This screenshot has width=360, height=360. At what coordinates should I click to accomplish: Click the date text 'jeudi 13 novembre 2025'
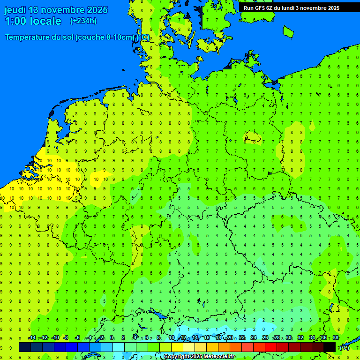pyautogui.click(x=56, y=10)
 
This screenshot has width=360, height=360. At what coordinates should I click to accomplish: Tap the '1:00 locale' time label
pyautogui.click(x=33, y=21)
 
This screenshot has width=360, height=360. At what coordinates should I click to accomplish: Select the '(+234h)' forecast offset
pyautogui.click(x=83, y=21)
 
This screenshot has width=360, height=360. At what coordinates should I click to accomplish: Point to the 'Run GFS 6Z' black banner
pyautogui.click(x=291, y=7)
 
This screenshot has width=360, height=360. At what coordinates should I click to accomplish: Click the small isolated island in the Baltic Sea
pyautogui.click(x=288, y=31)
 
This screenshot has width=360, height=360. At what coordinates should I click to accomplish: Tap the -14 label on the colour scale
pyautogui.click(x=32, y=338)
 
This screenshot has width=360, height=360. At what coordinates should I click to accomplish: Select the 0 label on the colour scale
pyautogui.click(x=112, y=338)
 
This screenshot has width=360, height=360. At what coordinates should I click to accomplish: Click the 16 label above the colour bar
pyautogui.click(x=206, y=338)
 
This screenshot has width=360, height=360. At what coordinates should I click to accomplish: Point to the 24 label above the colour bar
pyautogui.click(x=254, y=338)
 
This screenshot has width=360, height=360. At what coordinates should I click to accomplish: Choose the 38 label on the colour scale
pyautogui.click(x=336, y=338)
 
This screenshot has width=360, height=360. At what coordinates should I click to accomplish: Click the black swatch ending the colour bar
pyautogui.click(x=330, y=347)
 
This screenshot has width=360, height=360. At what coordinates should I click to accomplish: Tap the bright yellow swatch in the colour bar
pyautogui.click(x=177, y=347)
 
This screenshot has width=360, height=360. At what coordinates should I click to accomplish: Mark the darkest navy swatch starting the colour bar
pyautogui.click(x=25, y=347)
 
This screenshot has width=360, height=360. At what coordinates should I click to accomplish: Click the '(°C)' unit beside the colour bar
pyautogui.click(x=345, y=347)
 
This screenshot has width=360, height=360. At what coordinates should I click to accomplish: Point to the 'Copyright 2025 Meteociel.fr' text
pyautogui.click(x=199, y=357)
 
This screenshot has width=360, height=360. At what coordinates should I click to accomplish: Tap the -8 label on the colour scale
pyautogui.click(x=66, y=338)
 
